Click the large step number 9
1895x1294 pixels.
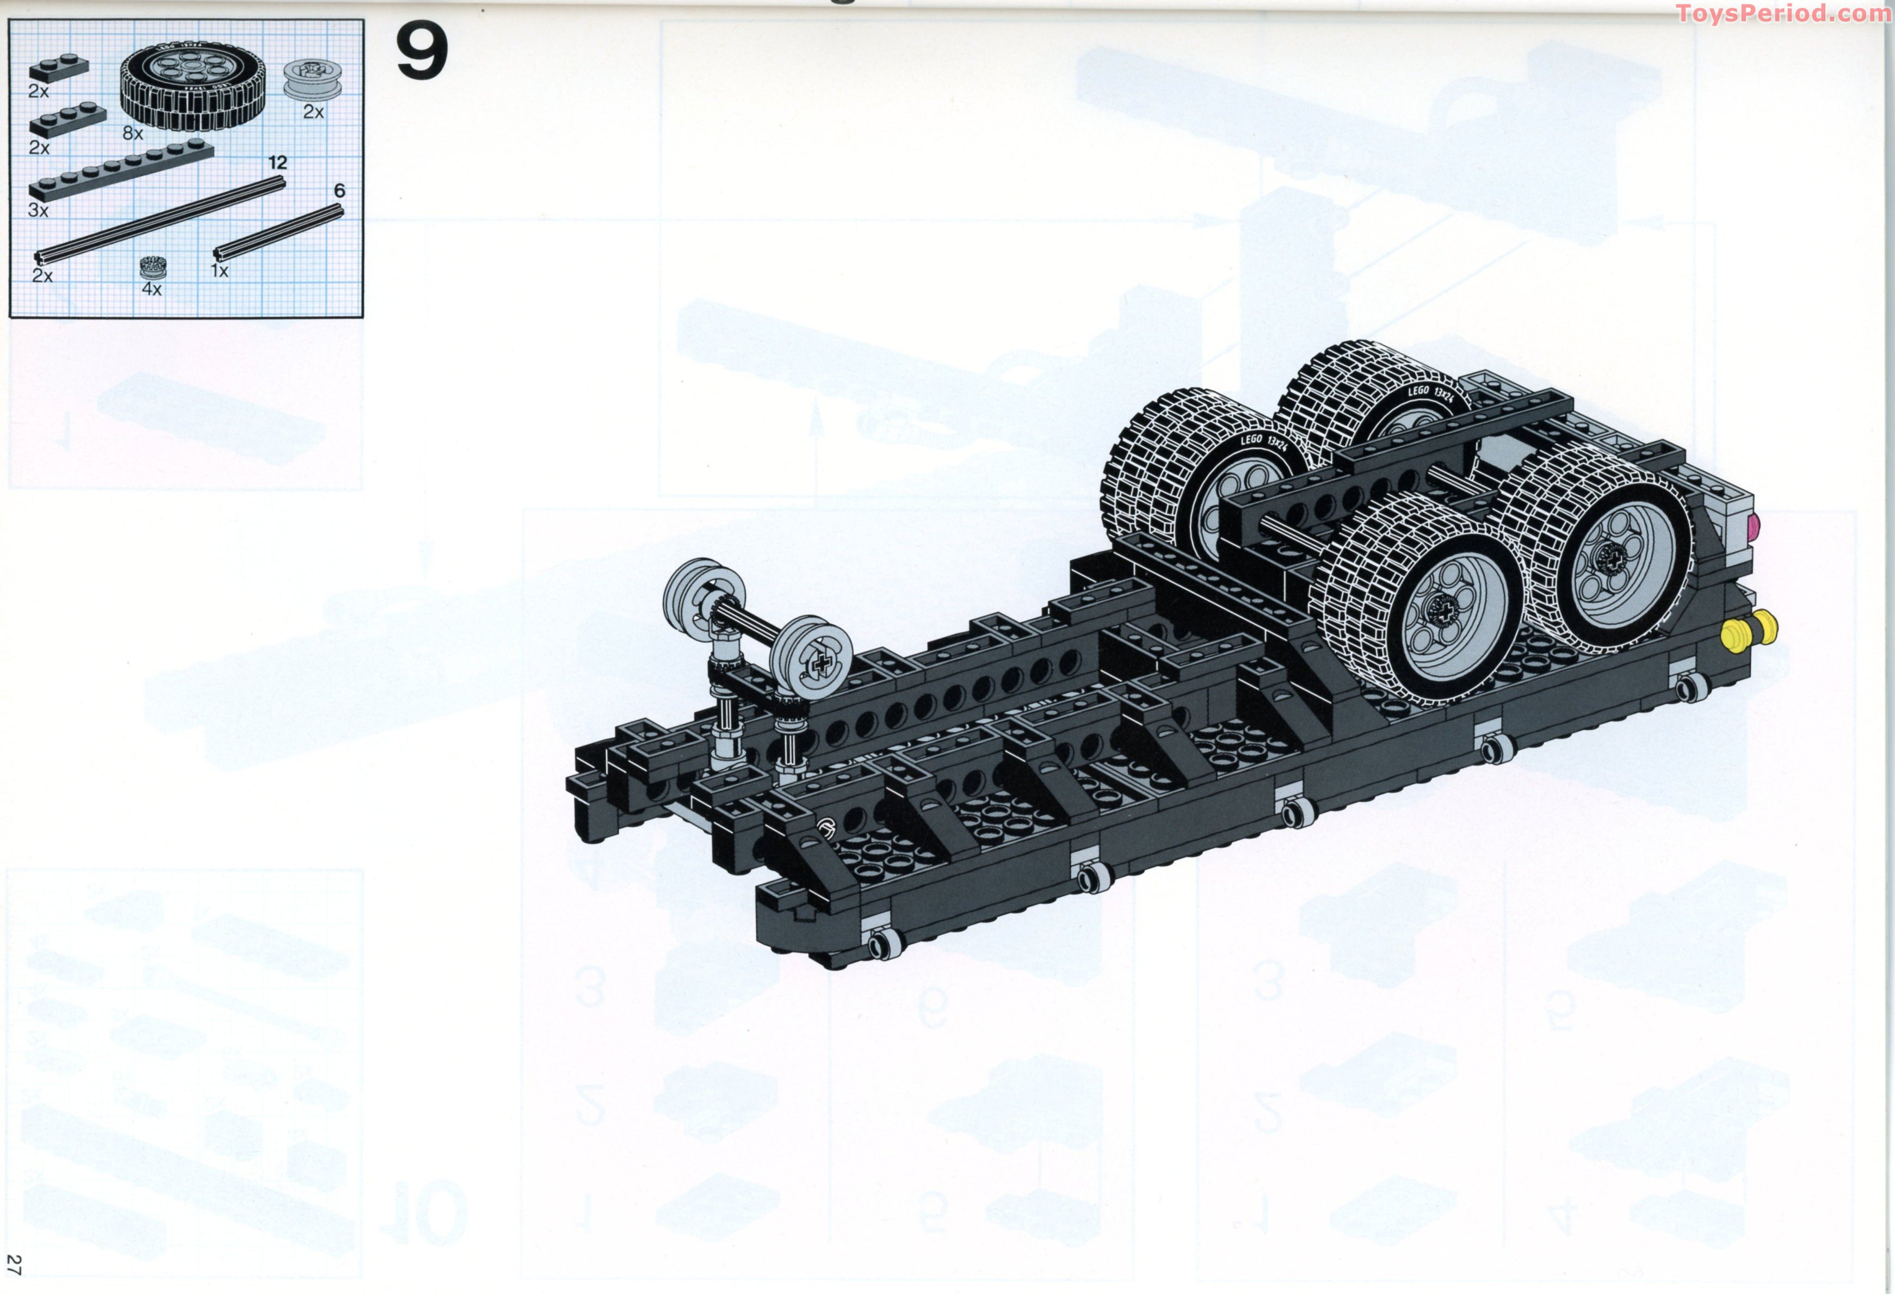coord(422,51)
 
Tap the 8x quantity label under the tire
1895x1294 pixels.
coord(133,133)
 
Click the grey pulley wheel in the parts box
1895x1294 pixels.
coord(312,80)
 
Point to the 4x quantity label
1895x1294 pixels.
coord(152,288)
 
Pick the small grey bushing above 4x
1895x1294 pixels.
coord(152,267)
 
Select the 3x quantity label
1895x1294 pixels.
coord(38,211)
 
